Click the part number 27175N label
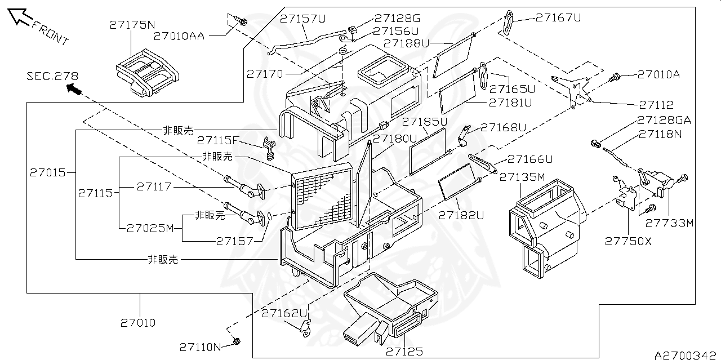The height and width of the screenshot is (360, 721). point(132,25)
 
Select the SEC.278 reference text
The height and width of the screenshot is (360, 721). point(52,76)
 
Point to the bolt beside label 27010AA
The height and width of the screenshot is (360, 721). point(241,22)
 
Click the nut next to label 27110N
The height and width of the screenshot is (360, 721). point(237,341)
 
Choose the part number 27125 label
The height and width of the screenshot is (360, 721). point(404,352)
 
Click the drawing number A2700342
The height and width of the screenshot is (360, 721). point(687,355)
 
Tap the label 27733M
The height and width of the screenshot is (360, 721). point(669,223)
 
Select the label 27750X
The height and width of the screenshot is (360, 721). point(628,241)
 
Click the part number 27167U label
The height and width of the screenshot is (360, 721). point(558,17)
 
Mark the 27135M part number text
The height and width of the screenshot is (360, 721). point(522,177)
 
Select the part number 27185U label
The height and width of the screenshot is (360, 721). point(424,121)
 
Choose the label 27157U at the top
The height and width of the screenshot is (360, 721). point(303,19)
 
